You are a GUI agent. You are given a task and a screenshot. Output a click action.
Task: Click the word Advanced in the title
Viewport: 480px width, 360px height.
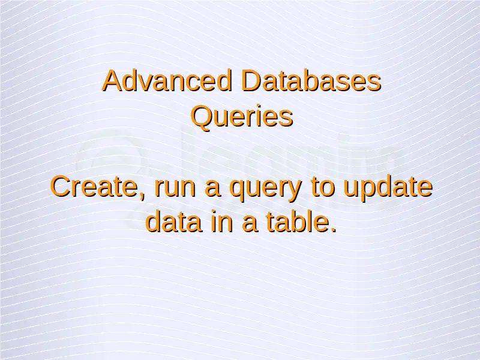(x=167, y=80)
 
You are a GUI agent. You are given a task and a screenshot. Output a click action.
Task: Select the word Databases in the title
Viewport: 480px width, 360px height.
(x=311, y=80)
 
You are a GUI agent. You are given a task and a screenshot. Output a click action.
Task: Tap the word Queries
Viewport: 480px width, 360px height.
(x=242, y=117)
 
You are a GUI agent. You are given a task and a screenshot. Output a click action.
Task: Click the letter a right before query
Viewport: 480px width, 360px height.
(x=212, y=190)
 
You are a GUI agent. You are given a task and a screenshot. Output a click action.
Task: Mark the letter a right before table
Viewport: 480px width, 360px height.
(x=249, y=224)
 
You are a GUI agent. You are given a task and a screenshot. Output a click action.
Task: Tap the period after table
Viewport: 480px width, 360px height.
(x=333, y=229)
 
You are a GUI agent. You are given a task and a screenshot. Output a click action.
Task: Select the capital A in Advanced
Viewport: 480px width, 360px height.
(x=112, y=80)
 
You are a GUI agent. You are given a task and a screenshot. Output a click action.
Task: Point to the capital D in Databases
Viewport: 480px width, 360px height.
(x=251, y=80)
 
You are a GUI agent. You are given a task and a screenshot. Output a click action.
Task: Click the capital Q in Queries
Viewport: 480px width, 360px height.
(x=202, y=117)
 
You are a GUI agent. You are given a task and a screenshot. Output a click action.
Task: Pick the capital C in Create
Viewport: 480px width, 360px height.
(x=61, y=187)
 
